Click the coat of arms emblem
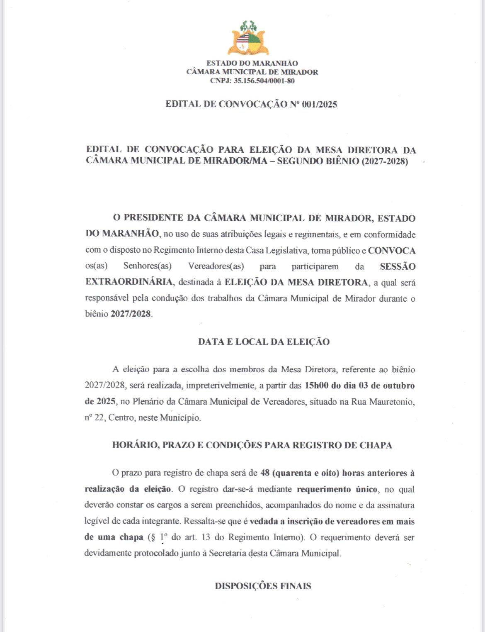248,38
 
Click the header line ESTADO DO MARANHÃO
252,63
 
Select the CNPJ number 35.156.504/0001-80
264,81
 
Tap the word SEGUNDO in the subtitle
300,161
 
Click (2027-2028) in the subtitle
384,161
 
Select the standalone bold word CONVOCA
391,251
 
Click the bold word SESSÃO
398,266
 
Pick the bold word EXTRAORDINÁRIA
129,282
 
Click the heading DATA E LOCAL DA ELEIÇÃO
264,342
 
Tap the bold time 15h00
316,386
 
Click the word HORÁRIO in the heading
134,445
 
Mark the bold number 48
265,473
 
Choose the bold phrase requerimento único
337,489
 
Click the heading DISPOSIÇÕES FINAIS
263,586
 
